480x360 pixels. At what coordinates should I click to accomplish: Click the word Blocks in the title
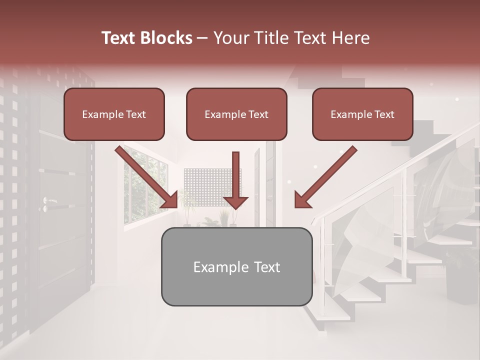[x=166, y=38]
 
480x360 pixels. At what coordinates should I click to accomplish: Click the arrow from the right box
[x=325, y=177]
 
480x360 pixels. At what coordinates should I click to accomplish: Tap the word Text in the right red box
[x=384, y=114]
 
